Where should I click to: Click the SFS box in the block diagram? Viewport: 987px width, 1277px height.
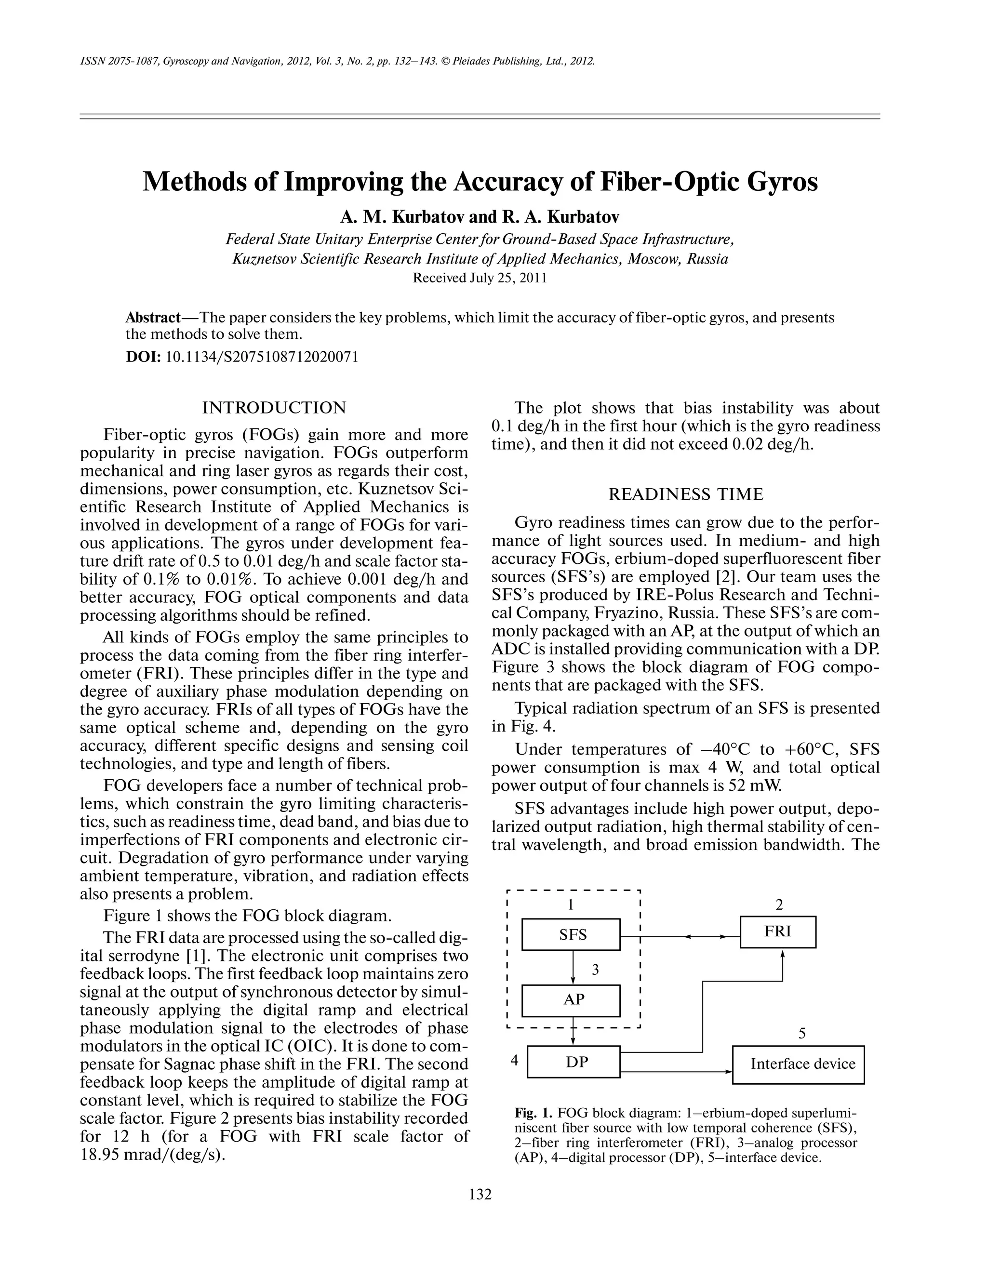coord(571,934)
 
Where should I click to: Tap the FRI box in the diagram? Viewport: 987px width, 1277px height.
coord(778,931)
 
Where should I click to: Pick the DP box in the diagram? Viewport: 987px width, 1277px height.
coord(574,1062)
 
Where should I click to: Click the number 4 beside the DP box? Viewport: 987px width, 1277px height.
coord(515,1060)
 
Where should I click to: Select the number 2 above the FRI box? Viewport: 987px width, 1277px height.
coord(779,905)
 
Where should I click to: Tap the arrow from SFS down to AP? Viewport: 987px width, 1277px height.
coord(573,968)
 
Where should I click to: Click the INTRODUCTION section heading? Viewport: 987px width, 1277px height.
coord(274,408)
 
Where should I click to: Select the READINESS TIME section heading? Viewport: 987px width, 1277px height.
coord(686,495)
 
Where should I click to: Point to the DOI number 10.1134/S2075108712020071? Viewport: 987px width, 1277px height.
coord(262,357)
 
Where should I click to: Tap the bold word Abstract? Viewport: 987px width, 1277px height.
coord(153,318)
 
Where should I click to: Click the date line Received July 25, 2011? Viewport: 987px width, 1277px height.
coord(480,278)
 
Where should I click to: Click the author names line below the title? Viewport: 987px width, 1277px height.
coord(480,217)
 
